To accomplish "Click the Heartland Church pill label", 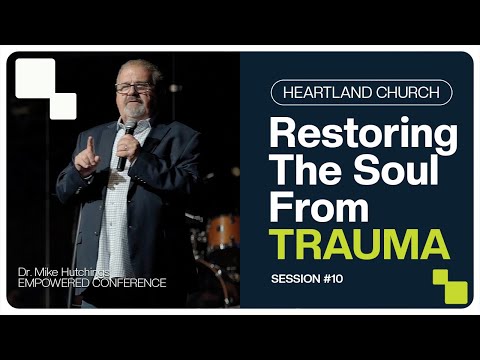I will pos(361,93).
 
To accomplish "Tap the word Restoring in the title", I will pos(363,134).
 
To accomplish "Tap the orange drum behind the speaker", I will pos(222,232).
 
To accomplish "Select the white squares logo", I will pos(45,87).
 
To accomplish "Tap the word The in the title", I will pos(308,171).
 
